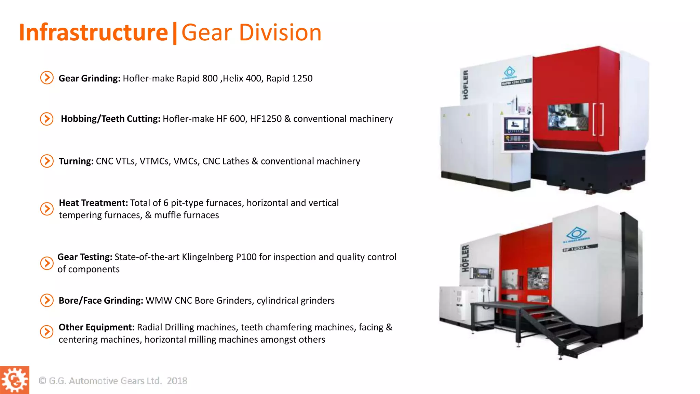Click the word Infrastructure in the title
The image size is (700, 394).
click(x=93, y=33)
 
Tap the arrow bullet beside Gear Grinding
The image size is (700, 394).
click(x=47, y=78)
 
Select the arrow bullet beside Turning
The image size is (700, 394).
click(x=47, y=161)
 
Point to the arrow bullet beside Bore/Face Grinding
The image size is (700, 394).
click(x=47, y=300)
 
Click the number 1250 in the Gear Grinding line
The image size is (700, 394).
click(x=302, y=79)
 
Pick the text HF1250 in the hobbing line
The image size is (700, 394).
click(x=266, y=119)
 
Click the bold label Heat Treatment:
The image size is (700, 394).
click(x=93, y=203)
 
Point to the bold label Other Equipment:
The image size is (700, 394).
click(x=96, y=327)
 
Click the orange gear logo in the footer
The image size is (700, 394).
click(x=14, y=380)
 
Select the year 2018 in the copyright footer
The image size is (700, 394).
click(x=177, y=381)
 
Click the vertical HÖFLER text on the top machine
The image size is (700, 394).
click(x=466, y=85)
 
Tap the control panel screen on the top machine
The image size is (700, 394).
click(x=516, y=124)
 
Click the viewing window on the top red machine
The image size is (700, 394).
click(x=568, y=117)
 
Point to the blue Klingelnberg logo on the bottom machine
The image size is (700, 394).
click(x=577, y=234)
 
